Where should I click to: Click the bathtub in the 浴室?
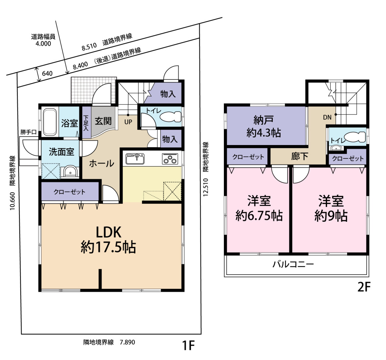coord(50,122)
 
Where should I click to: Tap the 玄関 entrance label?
coord(103,121)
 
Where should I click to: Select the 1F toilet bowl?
coord(170,117)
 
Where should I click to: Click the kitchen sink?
coord(135,159)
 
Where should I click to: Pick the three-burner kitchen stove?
coord(170,159)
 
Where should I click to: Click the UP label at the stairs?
coord(128,122)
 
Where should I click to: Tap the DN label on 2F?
coord(327,117)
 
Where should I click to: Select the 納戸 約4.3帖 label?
coord(264,127)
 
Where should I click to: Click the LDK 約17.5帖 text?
coord(108,240)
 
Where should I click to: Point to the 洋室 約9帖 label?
coord(331,208)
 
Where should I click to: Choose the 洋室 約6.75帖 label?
coord(259,208)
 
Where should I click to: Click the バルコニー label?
coord(293,265)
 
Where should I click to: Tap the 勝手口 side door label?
coord(28,132)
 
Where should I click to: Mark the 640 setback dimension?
coord(47,73)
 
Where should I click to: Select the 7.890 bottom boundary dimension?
coord(127,342)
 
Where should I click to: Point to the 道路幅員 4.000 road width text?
coord(43,40)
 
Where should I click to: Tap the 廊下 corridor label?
coord(299,156)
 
